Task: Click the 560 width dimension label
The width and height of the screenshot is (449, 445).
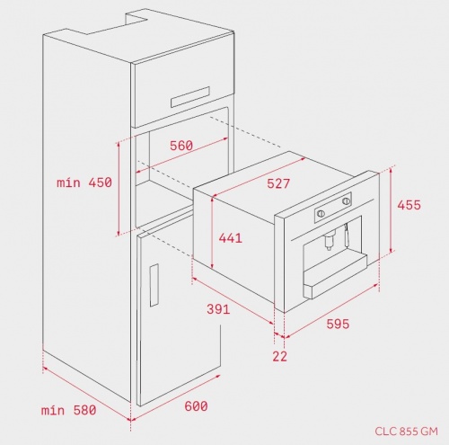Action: pos(181,146)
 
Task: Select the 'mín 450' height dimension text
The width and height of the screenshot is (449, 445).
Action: pos(84,182)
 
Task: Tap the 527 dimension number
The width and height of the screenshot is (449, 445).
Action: pos(278,183)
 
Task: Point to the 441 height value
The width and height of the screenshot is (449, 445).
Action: pos(230,238)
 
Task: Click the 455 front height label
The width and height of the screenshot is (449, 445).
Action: pos(409,205)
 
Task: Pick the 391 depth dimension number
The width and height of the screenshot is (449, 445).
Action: pos(218,309)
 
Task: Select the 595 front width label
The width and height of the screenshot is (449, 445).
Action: pos(338,324)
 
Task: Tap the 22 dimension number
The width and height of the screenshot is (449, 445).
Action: pos(279,356)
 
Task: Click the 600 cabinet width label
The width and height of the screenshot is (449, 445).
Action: pos(196,406)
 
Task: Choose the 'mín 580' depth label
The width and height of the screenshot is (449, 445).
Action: pos(69,410)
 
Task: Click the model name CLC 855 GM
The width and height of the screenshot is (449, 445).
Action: pos(406,432)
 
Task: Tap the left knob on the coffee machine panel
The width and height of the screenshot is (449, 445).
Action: pos(321,213)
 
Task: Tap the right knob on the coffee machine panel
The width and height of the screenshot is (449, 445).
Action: pos(346,201)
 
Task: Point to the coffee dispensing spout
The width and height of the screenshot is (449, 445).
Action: pos(329,241)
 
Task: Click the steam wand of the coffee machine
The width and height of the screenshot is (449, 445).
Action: pos(348,236)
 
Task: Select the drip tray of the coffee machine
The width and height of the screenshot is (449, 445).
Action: pos(335,276)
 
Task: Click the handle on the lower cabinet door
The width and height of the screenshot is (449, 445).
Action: pos(154,285)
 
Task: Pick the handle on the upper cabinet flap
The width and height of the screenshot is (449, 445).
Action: pos(190,97)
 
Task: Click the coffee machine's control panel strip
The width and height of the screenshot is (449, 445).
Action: pos(333,208)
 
